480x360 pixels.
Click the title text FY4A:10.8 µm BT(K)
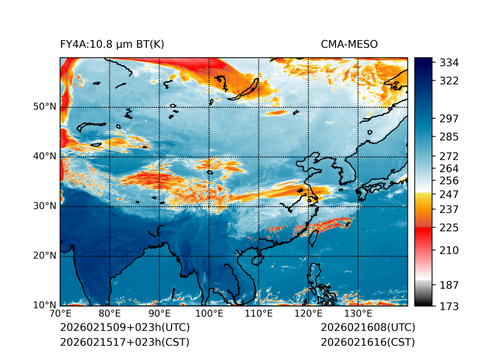[x=112, y=44]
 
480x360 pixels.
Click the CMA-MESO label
[x=349, y=44]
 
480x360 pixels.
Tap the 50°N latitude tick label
[x=45, y=106]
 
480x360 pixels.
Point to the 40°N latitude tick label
[x=45, y=156]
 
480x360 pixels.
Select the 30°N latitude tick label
[x=45, y=205]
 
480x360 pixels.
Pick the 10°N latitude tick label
[x=45, y=305]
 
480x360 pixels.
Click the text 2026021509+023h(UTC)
[x=124, y=328]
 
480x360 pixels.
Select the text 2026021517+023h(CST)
[x=124, y=342]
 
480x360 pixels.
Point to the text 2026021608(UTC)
[x=368, y=328]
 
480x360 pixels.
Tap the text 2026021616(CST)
[x=368, y=342]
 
